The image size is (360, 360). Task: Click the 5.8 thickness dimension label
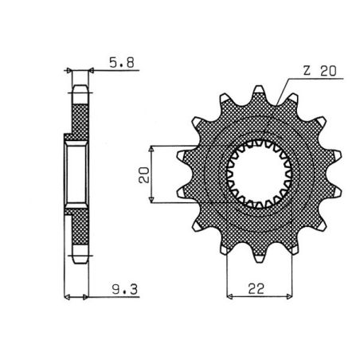click(117, 58)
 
